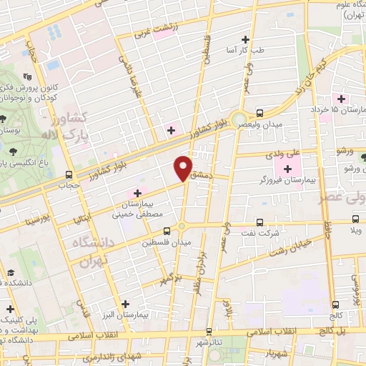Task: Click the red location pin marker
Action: pyautogui.click(x=184, y=167)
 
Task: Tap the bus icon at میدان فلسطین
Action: pyautogui.click(x=167, y=231)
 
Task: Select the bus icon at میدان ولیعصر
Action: pyautogui.click(x=259, y=113)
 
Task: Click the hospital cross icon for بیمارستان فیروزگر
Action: pyautogui.click(x=287, y=169)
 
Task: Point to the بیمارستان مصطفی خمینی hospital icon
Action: pyautogui.click(x=137, y=193)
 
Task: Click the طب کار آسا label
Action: pyautogui.click(x=265, y=49)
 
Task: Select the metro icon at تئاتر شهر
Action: pyautogui.click(x=208, y=332)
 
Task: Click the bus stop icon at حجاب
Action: pyautogui.click(x=69, y=174)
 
